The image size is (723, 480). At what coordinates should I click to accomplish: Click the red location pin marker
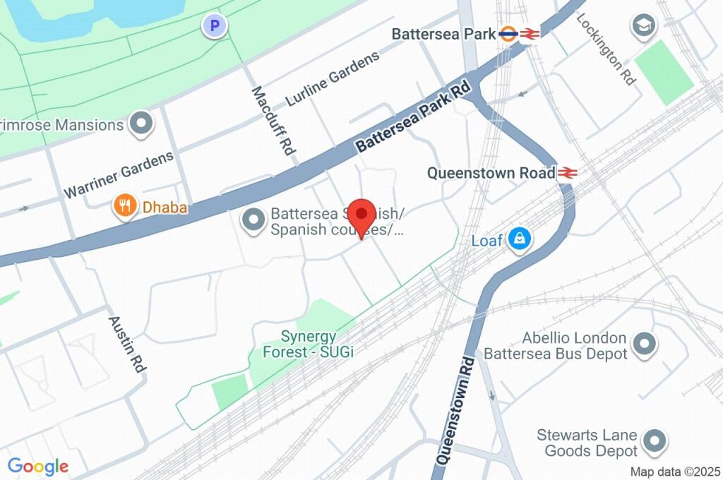click(363, 215)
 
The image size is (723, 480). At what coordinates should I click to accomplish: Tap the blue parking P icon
click(215, 27)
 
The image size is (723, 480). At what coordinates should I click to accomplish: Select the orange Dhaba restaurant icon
click(126, 206)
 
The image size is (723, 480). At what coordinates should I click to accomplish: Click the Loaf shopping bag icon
click(520, 239)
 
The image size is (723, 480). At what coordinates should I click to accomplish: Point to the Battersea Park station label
click(443, 34)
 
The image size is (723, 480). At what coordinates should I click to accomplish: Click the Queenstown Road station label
click(491, 173)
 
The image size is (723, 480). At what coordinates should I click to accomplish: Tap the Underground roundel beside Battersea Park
click(508, 34)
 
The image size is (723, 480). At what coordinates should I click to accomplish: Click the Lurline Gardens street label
click(333, 79)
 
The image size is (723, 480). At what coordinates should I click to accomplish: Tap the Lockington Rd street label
click(606, 48)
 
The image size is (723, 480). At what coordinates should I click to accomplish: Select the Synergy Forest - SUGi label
click(308, 344)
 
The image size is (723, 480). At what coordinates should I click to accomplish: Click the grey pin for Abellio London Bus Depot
click(644, 345)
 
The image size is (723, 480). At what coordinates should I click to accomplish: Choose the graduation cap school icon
click(644, 25)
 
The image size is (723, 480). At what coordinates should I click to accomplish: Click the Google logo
click(38, 466)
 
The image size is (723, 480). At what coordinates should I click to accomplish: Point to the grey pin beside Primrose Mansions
click(143, 124)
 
